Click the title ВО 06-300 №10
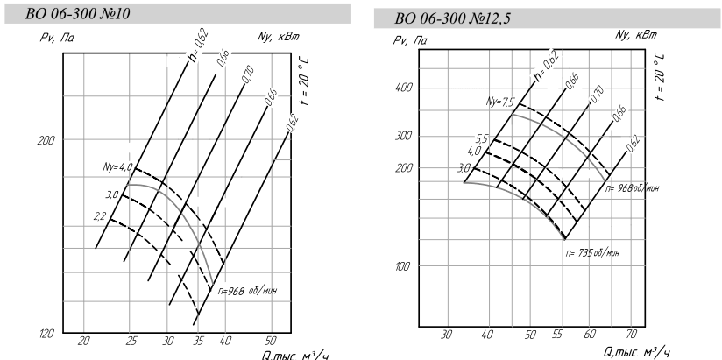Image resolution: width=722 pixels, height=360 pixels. [x=77, y=14]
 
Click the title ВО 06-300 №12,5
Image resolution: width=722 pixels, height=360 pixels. [x=453, y=18]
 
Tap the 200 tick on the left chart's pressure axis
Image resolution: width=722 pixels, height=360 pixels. [x=46, y=140]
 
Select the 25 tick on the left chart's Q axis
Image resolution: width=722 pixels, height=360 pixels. [x=131, y=341]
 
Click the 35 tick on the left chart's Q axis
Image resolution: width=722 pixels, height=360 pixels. [x=198, y=341]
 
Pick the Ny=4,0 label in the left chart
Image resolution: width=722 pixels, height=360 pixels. [x=117, y=166]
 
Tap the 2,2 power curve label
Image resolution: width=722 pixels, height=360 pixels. [x=100, y=215]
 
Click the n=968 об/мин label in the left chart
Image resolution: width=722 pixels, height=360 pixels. [x=247, y=291]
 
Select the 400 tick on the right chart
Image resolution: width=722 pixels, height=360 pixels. [x=404, y=88]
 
